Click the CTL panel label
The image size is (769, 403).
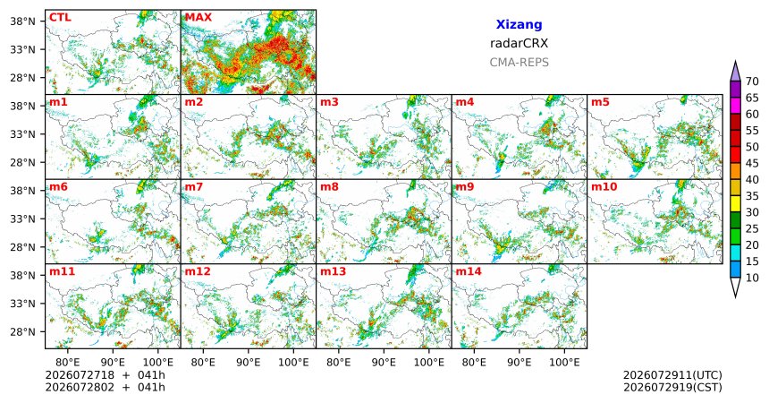coord(60,18)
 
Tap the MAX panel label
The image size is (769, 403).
coord(199,18)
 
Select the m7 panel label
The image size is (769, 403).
coord(194,187)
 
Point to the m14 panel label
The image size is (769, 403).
coord(469,271)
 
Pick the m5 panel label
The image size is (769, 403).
coord(600,102)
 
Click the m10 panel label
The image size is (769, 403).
coord(604,187)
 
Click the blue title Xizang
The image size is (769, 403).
coord(519,24)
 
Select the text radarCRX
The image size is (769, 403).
coord(519,43)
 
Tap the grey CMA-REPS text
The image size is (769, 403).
coord(519,63)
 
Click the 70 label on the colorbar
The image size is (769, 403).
coord(752,81)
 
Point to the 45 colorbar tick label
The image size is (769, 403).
coord(752,163)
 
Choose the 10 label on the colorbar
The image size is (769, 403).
coord(752,278)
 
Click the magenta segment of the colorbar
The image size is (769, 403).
coord(735,106)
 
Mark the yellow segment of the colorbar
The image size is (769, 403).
coord(735,204)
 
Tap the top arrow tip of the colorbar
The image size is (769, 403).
coord(735,61)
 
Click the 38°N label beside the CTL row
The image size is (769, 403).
coord(22,21)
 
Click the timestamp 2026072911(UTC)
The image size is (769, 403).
coord(672,375)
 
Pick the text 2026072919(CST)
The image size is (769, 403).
coord(672,387)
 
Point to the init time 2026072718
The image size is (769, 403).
coord(80,375)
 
